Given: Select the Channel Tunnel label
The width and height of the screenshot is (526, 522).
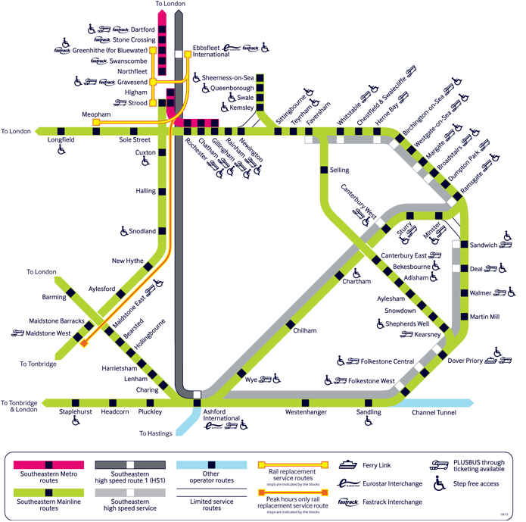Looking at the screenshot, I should click(x=434, y=413).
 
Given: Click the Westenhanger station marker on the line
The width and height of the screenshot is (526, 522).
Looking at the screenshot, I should click(x=305, y=402).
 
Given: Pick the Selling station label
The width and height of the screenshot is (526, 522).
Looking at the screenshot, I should click(x=340, y=170).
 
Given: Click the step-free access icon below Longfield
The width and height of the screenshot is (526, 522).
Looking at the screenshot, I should click(x=61, y=151).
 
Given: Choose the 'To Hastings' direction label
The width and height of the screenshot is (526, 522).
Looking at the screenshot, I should click(x=156, y=433).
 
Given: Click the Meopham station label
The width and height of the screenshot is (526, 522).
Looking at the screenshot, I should click(x=96, y=114).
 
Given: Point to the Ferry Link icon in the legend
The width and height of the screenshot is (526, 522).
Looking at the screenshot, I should click(x=349, y=463).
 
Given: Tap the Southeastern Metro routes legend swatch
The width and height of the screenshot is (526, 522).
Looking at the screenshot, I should click(x=48, y=463).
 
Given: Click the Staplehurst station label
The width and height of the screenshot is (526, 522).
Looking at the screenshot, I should click(x=75, y=412).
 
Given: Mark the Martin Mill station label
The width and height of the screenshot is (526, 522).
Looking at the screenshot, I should click(x=484, y=316).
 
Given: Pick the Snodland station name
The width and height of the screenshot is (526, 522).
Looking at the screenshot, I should click(x=141, y=231).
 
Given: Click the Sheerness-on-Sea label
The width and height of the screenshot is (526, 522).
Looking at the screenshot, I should click(x=227, y=77).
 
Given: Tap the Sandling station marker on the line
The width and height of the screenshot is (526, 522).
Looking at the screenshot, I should click(x=369, y=402).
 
